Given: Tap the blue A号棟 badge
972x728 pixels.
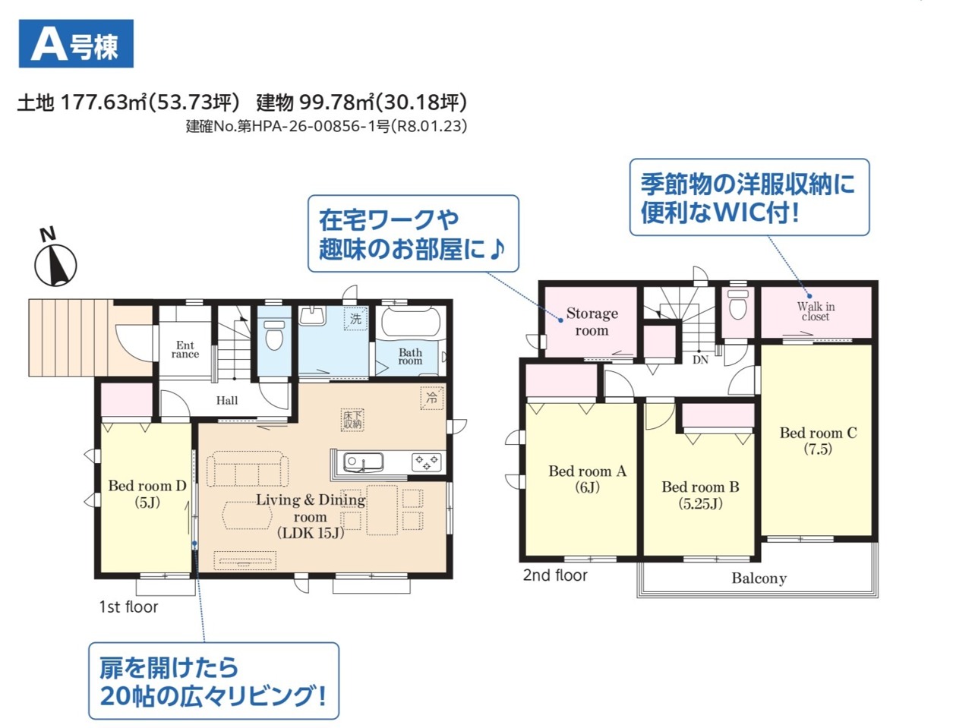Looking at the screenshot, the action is point(76,43).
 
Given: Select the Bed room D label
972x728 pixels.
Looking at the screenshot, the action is point(147,493).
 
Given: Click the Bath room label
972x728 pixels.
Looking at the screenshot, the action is point(410,356).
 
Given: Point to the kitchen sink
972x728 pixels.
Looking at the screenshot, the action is point(364,462).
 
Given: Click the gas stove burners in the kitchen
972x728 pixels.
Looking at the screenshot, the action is point(427,462).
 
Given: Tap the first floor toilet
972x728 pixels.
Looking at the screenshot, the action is point(275,335).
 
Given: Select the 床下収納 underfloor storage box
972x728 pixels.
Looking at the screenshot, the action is point(352,420).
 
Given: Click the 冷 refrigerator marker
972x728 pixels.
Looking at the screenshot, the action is point(431,398).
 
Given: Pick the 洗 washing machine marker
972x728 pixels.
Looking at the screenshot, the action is point(355,318).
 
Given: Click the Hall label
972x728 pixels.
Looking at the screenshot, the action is point(227,401).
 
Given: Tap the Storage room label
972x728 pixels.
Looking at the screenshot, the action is point(592,322).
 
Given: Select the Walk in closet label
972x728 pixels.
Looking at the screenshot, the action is point(816,311).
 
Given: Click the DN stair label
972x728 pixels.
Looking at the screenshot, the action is point(700,360).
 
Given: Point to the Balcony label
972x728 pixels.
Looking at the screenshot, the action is point(759,578).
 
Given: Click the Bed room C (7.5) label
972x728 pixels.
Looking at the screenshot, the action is point(818,440).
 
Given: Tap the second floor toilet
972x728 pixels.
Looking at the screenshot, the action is point(738,304).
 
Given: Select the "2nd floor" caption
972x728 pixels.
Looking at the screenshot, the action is point(555,575).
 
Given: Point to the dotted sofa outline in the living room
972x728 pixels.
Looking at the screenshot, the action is point(248,468).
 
